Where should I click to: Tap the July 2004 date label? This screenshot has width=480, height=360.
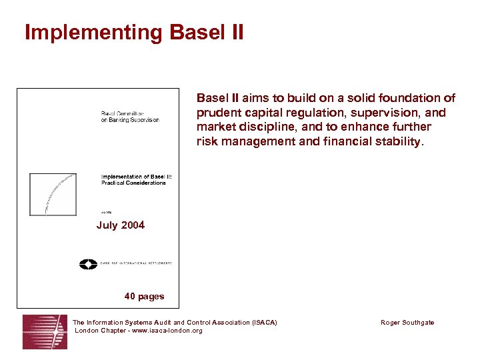tap(120, 225)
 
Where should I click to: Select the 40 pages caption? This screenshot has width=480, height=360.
tap(144, 296)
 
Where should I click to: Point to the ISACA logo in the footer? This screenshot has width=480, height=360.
tap(45, 331)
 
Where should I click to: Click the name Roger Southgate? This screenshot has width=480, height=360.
tap(407, 323)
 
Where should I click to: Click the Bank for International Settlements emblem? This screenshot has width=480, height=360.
tap(88, 263)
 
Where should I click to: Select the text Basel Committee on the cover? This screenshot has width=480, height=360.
tap(122, 113)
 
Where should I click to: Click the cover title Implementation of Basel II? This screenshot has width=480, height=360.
tap(136, 176)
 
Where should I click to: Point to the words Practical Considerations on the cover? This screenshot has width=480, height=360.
tap(133, 183)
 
